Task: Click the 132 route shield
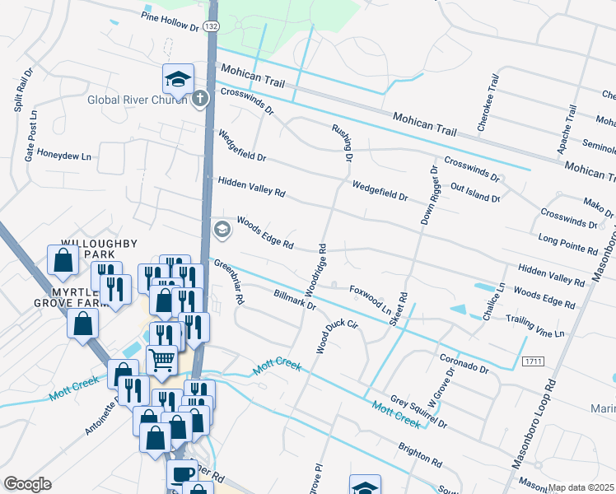coord(212,27)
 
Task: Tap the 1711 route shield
coord(533,361)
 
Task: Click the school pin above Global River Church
coord(177,80)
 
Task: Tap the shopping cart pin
coord(162,359)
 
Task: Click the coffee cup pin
coord(182,473)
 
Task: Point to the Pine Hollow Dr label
coord(170,21)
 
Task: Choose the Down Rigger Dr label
coord(427,194)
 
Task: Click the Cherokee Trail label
coord(488,103)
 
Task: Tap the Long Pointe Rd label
coord(567,243)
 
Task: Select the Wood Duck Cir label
coord(338,336)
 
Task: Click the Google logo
coord(27,484)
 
